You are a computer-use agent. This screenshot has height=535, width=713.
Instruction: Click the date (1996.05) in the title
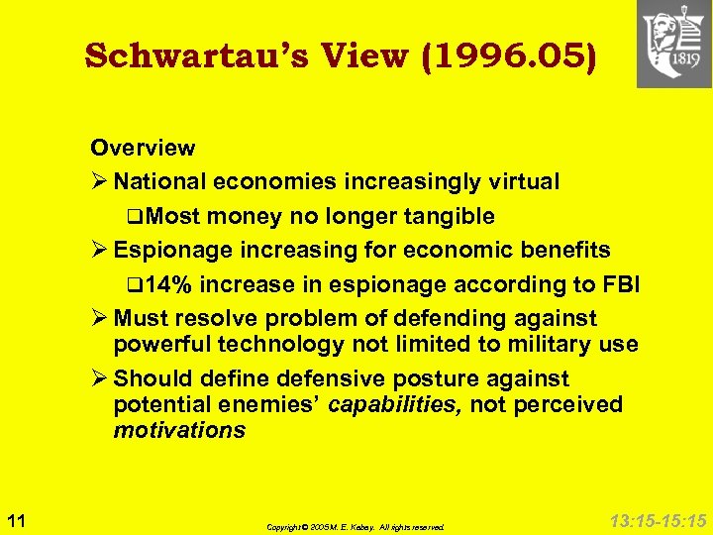coord(508,55)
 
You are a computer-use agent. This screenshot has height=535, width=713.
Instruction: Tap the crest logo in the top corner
coord(673,44)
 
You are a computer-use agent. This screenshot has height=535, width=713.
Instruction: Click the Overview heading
coord(143,148)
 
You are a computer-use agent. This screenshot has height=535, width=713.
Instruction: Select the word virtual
coord(521,182)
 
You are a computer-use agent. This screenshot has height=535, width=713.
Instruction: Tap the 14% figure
coord(167,285)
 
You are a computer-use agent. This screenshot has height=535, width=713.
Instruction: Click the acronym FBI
coord(619,285)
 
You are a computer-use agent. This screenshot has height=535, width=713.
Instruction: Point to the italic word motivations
coord(179,430)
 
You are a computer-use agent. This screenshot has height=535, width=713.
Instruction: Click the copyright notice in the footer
coord(356,527)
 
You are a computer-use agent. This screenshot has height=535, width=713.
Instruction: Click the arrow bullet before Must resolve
coord(98,319)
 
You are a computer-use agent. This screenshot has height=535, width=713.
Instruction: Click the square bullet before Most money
coord(134,217)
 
